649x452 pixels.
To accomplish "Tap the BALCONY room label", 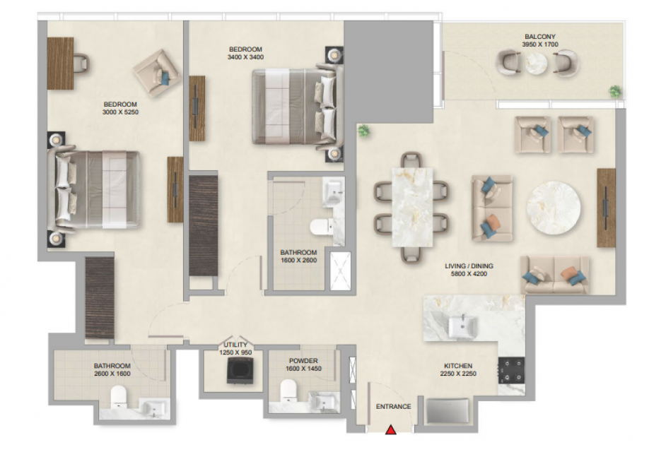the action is coord(539,37).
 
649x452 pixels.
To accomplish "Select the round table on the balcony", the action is coord(537,64).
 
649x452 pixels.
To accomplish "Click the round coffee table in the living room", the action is coord(554,208).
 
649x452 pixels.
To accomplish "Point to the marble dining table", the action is coord(412,207).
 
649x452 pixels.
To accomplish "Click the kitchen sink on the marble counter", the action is coord(463,325).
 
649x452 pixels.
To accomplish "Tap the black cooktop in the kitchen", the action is coord(511,370).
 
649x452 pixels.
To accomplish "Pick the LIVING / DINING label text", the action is coord(469,266).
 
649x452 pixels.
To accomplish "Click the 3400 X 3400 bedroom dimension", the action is coord(245,57).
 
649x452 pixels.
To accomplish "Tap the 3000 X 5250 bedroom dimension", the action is coord(120,112).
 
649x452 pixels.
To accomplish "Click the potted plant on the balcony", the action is coord(615,92).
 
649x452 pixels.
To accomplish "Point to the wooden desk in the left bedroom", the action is coord(60,64).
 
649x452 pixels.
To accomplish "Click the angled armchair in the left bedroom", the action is coord(157,73).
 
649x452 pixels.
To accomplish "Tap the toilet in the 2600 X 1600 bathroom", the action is coord(118,397).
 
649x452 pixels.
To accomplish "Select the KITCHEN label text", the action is coord(458,366).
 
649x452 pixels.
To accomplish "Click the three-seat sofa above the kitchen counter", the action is coord(555,275).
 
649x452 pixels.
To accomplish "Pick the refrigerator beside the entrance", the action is coord(448,410).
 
